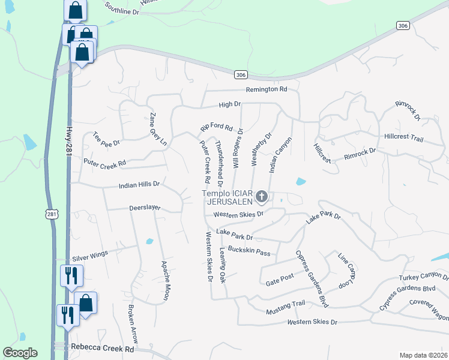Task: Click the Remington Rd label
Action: coord(267,89)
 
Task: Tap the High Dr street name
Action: coord(229,104)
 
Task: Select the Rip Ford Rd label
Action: coord(216,127)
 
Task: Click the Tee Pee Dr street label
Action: coord(107,140)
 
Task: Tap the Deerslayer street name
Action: coord(145,207)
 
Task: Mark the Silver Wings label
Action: coord(90,255)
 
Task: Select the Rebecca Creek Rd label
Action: coord(102,348)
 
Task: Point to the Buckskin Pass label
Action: coord(249,252)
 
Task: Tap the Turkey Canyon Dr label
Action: coord(424,278)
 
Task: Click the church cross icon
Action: coord(261,196)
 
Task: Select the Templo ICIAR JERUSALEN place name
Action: coord(227,198)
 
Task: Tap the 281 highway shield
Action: coord(52,214)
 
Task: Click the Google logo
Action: coord(20,353)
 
